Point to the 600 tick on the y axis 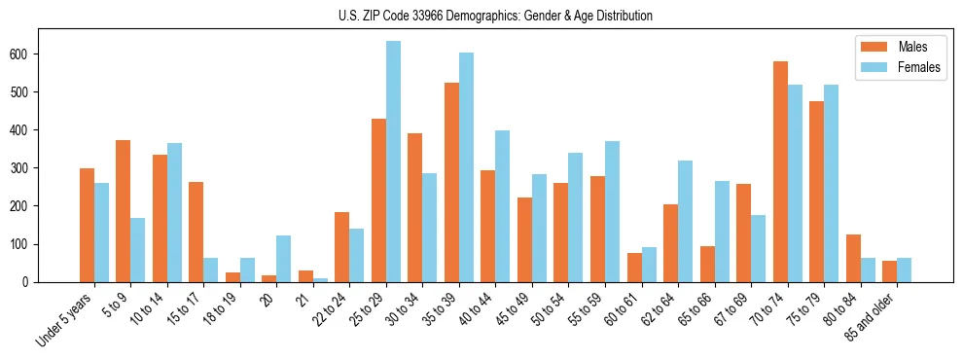pos(27,54)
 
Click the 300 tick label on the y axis pos(27,167)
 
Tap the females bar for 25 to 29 pos(393,162)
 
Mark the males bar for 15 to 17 pos(196,232)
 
